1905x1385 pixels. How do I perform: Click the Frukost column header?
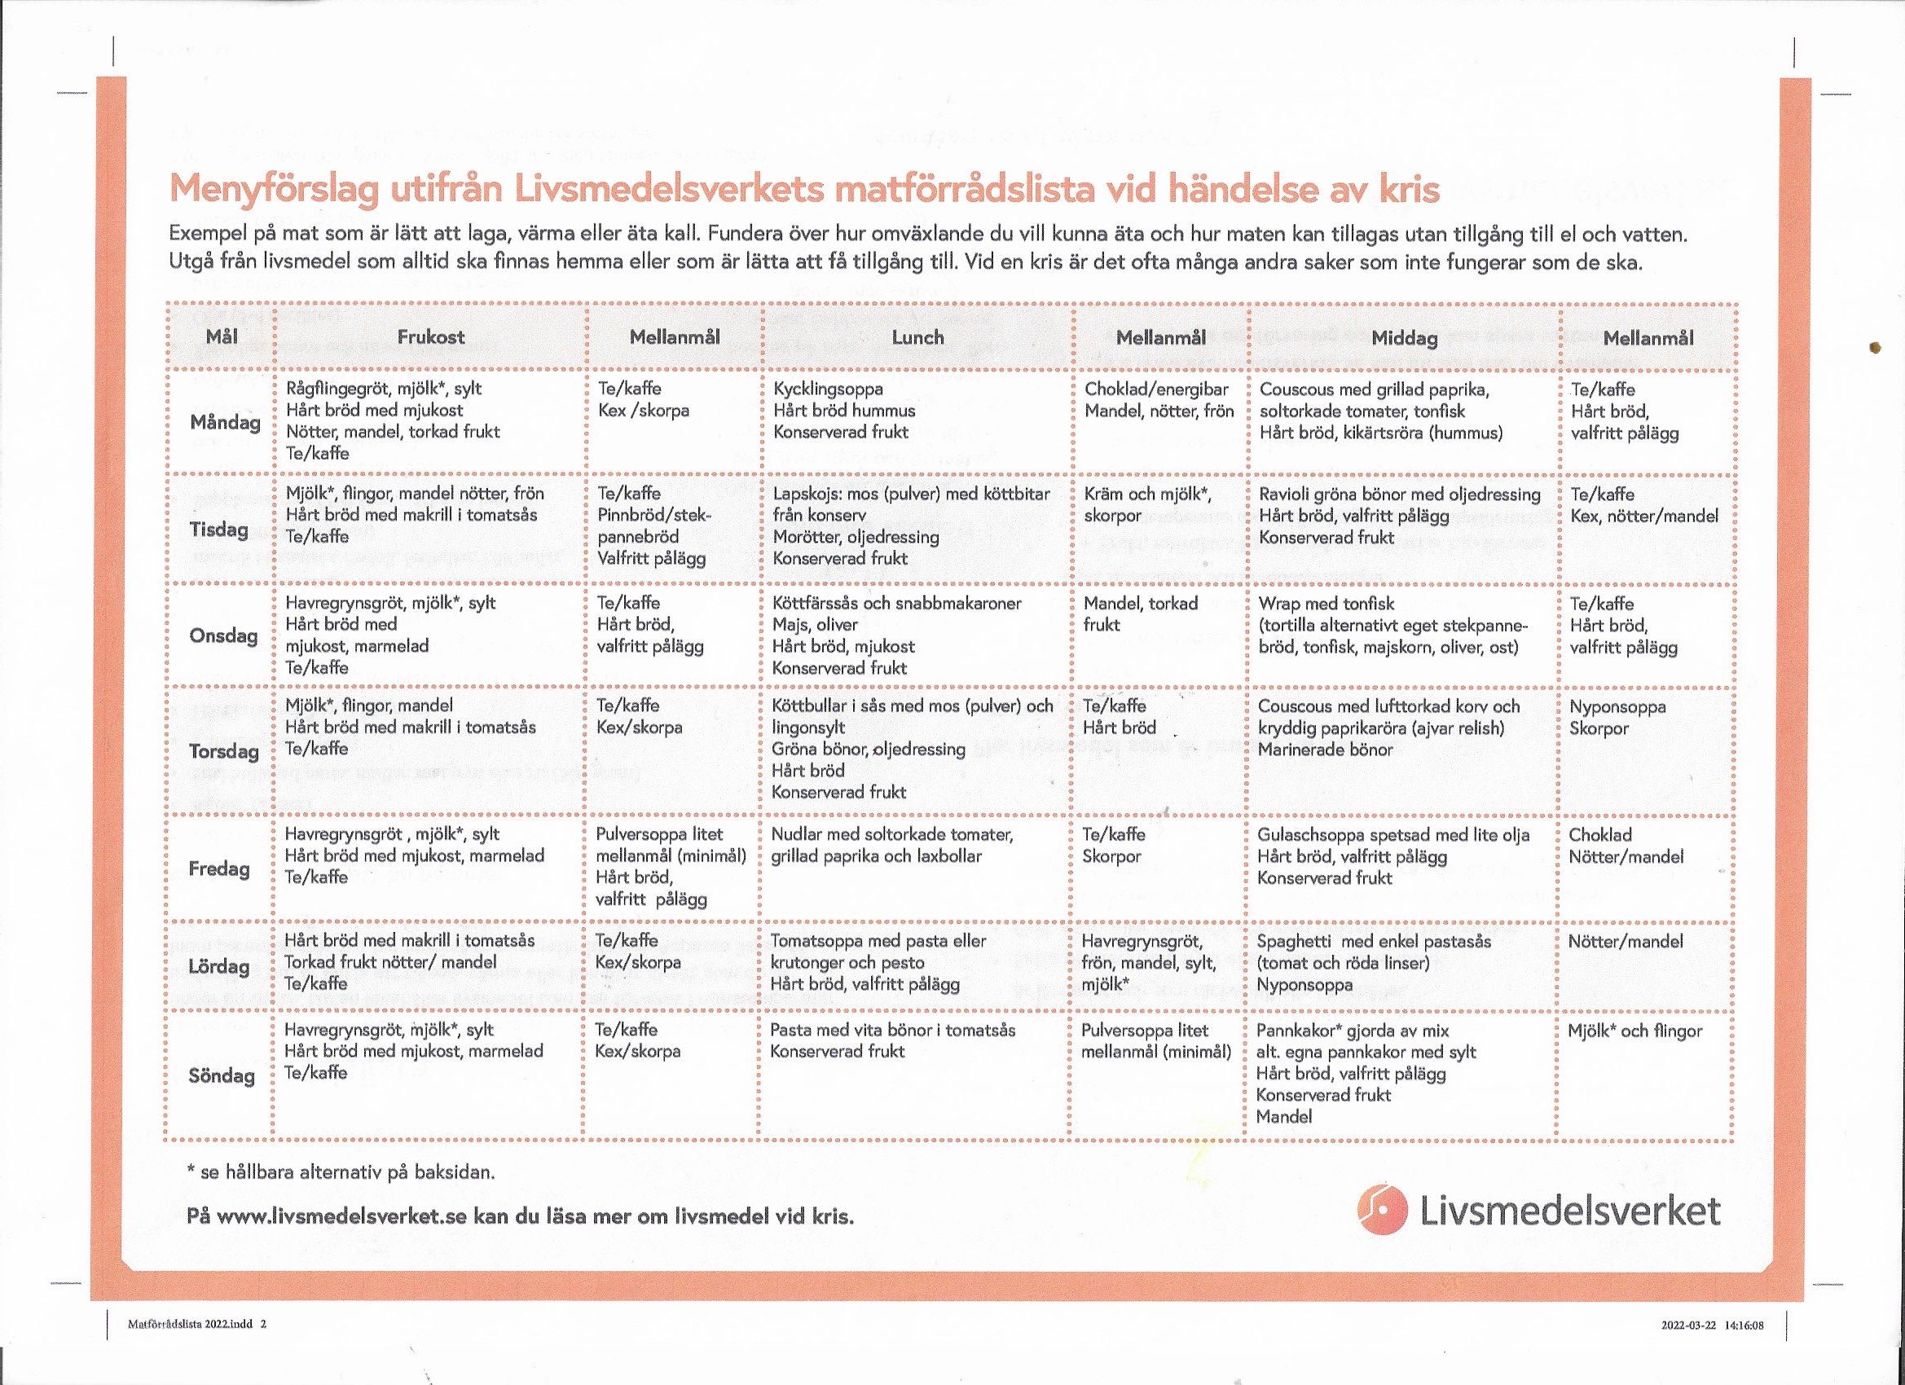tap(431, 336)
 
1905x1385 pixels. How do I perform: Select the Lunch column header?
tap(917, 336)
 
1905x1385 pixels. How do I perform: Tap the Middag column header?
tap(1404, 337)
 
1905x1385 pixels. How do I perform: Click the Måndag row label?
tap(225, 422)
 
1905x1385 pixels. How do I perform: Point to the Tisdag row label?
tap(220, 529)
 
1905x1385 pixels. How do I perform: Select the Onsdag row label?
tap(223, 635)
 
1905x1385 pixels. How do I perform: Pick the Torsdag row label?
tap(223, 751)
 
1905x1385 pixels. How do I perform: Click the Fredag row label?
tap(219, 868)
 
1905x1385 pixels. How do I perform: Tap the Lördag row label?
tap(219, 966)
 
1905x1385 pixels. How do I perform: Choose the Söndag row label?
tap(222, 1075)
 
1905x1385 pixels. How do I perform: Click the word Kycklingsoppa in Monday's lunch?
tap(828, 389)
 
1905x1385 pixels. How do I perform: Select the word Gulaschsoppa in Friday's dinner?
tap(1312, 835)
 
